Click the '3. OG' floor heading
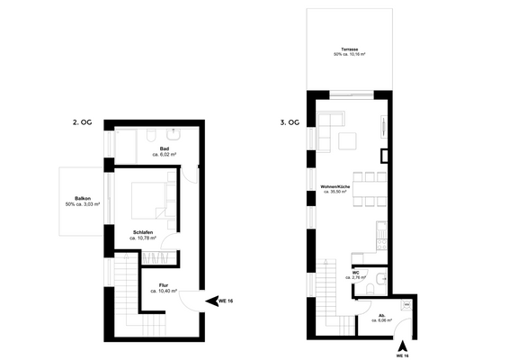pos(289,121)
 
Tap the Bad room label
pos(165,151)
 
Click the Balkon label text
pos(82,201)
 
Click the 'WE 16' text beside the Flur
pos(226,301)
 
